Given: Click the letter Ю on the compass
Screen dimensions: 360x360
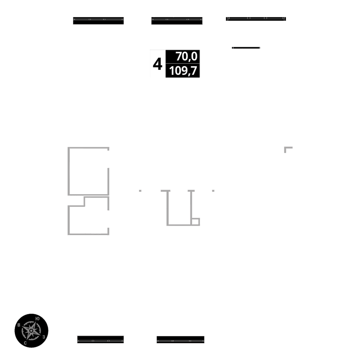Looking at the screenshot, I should coord(38,318).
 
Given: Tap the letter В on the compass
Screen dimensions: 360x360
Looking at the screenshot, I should coord(19,325).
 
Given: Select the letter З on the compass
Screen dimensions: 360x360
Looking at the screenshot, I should coord(44,337).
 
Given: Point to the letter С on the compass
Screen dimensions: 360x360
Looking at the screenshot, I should coord(25,343).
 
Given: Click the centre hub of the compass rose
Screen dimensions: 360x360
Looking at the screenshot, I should coord(31,330).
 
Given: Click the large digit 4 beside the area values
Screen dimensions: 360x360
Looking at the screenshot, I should coord(157,64).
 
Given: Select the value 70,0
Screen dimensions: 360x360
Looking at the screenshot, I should coord(186,57).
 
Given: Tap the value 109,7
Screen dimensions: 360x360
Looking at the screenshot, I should coord(184,71).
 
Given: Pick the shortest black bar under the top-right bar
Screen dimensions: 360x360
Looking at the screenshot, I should coord(246,48).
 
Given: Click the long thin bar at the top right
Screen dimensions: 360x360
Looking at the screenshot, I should coord(256,19).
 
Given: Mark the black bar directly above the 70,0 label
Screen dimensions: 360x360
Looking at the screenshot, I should coord(176,21).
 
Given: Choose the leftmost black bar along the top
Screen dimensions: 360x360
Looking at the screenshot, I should coord(98,21).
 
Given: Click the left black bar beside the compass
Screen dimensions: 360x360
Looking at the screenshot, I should coord(100,339).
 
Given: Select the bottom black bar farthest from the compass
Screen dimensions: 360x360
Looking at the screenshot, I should coord(180,339).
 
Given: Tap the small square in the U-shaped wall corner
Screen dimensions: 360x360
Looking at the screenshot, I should coord(195,221).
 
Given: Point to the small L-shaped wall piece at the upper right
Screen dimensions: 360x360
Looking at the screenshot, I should coord(287,148).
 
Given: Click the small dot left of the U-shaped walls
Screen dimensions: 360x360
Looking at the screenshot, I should coord(140,190).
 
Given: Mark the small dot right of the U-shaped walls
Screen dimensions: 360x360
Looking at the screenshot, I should coord(213,190).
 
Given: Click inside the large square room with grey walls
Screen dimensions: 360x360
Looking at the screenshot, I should coord(88,171).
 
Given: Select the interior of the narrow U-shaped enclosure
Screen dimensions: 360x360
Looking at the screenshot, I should coord(179,209).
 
